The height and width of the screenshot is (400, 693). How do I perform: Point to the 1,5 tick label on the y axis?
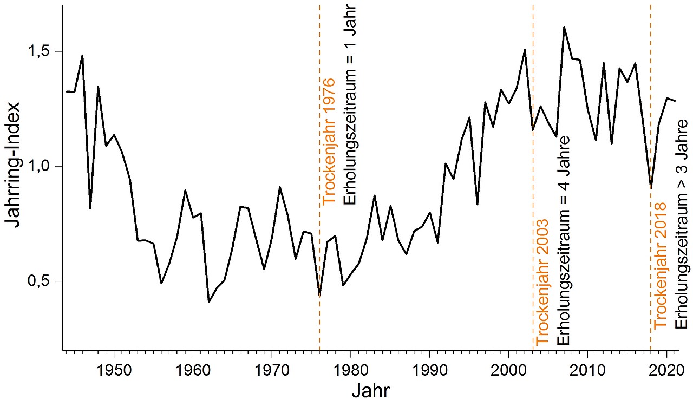[40, 51]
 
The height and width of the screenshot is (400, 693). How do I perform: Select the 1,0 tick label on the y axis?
[40, 166]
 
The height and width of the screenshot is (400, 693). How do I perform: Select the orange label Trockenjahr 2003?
[542, 283]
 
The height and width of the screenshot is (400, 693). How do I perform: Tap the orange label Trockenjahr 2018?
[661, 265]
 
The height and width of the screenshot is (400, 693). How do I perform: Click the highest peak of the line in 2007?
[564, 27]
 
